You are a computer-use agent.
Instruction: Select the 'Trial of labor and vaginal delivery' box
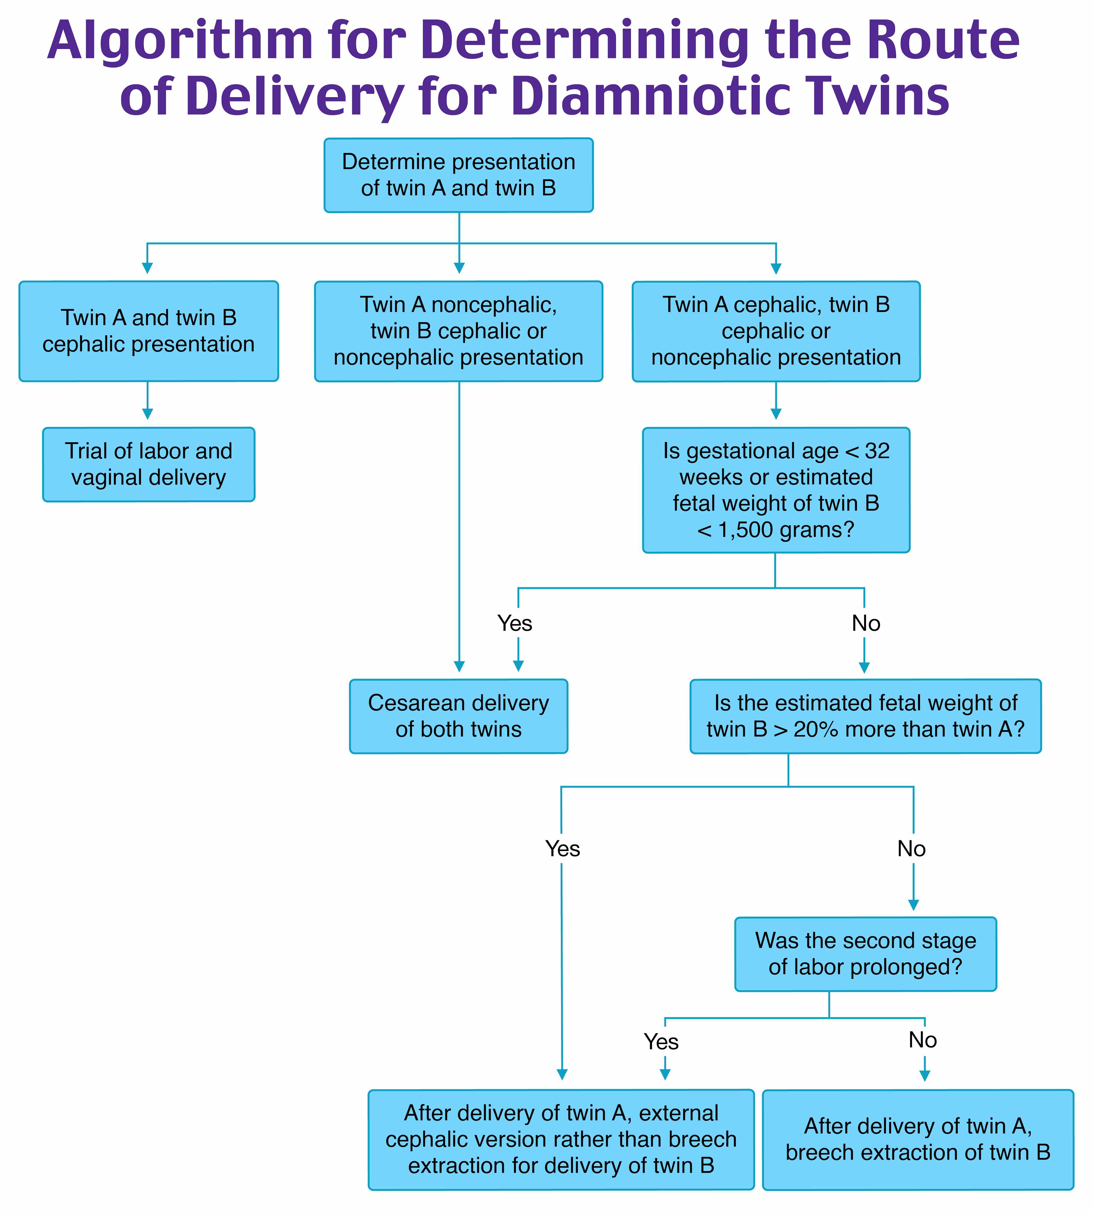(148, 464)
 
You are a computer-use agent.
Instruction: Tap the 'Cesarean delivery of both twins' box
(458, 716)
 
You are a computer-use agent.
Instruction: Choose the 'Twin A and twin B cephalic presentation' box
(148, 331)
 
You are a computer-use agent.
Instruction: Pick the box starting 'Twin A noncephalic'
(458, 331)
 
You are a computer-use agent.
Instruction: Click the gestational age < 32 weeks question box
(776, 490)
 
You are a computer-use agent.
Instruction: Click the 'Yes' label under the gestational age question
(515, 623)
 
